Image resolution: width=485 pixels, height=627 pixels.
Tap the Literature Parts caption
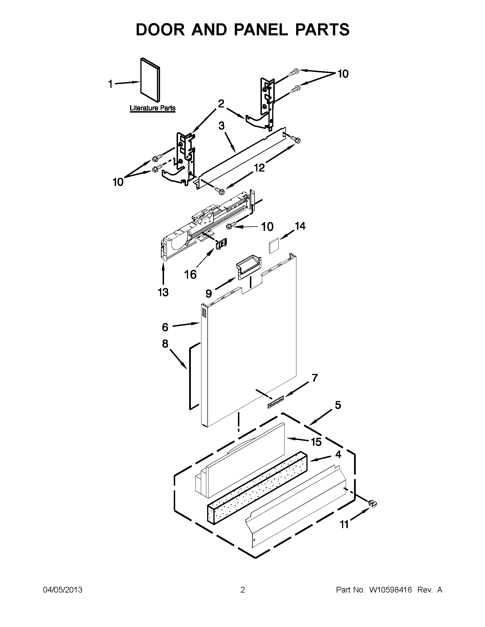[152, 108]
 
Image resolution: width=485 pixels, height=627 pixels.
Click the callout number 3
[221, 125]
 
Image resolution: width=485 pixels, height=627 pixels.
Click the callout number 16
[190, 274]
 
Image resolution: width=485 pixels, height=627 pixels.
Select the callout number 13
[163, 292]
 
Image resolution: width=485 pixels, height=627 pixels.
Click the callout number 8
[165, 344]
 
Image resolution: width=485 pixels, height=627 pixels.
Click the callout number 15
[316, 442]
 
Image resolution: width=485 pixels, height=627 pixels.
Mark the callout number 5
[338, 405]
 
